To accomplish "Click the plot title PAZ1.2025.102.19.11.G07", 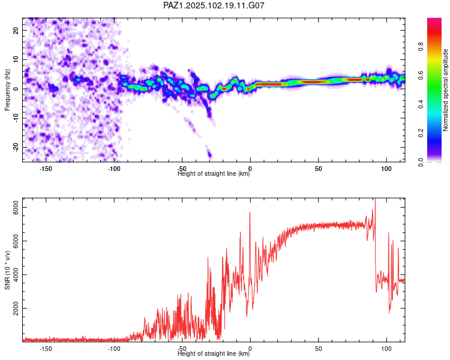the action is pyautogui.click(x=214, y=5).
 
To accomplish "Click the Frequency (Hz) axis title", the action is pyautogui.click(x=7, y=90).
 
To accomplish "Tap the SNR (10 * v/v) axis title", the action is pyautogui.click(x=7, y=270).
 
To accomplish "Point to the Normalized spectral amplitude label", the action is pyautogui.click(x=445, y=90).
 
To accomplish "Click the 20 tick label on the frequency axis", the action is pyautogui.click(x=16, y=31).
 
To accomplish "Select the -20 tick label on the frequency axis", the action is pyautogui.click(x=16, y=148).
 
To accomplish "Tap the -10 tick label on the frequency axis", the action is pyautogui.click(x=16, y=118).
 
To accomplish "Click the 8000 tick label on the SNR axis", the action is pyautogui.click(x=16, y=207).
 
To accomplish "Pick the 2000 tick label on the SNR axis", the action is pyautogui.click(x=16, y=308).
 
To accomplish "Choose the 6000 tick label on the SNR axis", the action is pyautogui.click(x=16, y=241).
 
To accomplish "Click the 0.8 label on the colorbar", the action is pyautogui.click(x=421, y=46).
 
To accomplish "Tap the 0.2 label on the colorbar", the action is pyautogui.click(x=421, y=133).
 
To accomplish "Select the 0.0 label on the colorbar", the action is pyautogui.click(x=421, y=162).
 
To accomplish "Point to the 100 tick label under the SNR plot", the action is pyautogui.click(x=386, y=349).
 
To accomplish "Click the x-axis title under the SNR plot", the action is pyautogui.click(x=214, y=353).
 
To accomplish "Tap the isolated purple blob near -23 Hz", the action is pyautogui.click(x=209, y=154).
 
